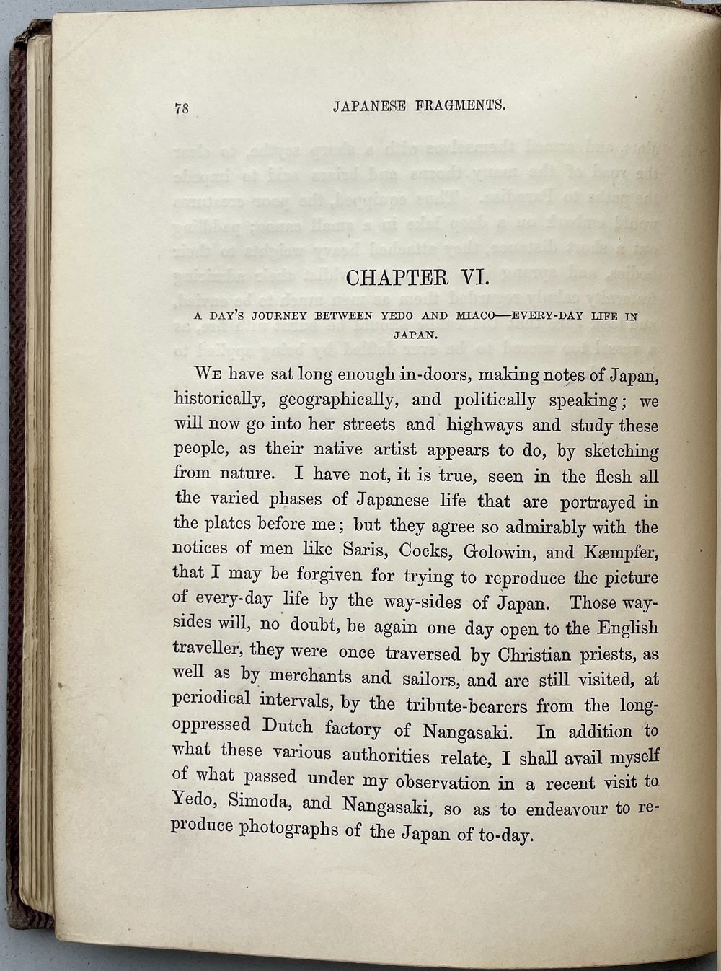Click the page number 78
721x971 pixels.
tap(181, 108)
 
